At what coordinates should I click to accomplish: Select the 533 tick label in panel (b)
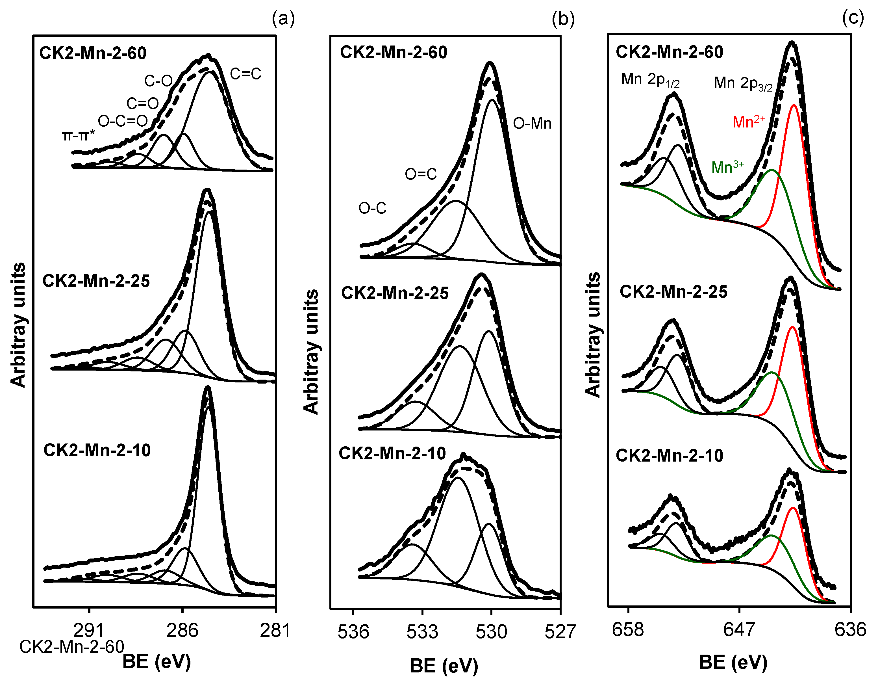422,632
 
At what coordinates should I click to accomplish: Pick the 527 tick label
560,632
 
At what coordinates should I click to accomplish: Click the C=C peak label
245,73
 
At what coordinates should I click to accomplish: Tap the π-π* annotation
79,136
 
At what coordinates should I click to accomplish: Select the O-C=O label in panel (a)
123,121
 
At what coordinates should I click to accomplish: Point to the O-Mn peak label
532,124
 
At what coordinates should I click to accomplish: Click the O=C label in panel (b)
421,174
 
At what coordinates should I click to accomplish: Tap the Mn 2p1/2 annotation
650,80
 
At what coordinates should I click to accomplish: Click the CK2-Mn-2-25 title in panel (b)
395,293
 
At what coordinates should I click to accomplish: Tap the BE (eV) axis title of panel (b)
444,666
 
